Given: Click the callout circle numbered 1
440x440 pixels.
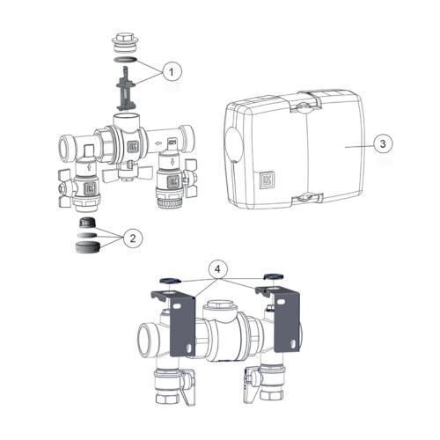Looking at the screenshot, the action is click(x=172, y=71).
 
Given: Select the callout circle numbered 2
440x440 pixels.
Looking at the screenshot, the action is click(x=133, y=238).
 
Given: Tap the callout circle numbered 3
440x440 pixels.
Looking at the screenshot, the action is click(x=383, y=143).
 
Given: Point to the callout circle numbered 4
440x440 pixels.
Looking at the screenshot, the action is click(x=217, y=269).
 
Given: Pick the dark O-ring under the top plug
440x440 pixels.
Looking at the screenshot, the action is click(x=125, y=60).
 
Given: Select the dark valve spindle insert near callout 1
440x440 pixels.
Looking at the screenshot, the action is click(x=126, y=89).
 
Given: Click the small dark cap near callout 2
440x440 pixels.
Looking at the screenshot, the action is click(x=86, y=223).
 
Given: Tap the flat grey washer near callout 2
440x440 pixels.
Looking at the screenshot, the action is click(x=86, y=235).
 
